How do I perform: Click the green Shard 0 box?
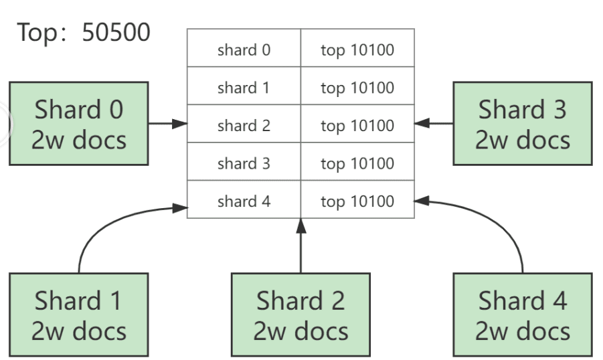79,124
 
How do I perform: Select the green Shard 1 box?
79,314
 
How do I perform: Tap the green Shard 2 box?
300,314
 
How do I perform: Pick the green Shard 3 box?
523,124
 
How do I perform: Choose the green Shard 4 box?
523,314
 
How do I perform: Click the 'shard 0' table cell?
244,48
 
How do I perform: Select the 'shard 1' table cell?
244,86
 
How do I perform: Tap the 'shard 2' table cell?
244,124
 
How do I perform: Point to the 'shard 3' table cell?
244,161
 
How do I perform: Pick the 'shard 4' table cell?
244,199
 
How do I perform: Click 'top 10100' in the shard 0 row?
357,50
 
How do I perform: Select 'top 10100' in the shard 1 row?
357,88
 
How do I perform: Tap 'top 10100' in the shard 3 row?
357,164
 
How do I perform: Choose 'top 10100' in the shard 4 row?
357,201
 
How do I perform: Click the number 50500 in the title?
116,32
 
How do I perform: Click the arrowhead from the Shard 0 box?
179,124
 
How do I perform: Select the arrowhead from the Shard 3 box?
422,123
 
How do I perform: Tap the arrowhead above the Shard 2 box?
301,226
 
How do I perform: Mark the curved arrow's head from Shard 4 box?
422,200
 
